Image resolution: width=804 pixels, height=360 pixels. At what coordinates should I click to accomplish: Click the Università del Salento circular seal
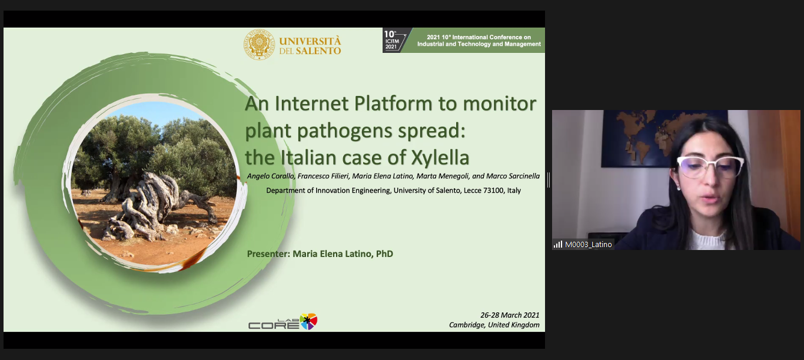click(259, 45)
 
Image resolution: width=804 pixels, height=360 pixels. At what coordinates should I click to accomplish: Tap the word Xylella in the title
click(440, 158)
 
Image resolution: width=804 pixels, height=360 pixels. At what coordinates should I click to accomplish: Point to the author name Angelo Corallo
click(271, 176)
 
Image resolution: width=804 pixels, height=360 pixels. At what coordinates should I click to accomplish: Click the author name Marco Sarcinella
click(513, 176)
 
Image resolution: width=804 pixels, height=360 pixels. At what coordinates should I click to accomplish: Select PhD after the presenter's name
click(384, 254)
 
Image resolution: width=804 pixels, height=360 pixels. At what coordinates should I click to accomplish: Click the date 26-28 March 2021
click(510, 315)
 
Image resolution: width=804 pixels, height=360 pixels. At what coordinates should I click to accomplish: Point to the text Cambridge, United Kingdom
click(494, 325)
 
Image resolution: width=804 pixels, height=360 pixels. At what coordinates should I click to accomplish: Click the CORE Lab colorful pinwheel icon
click(308, 321)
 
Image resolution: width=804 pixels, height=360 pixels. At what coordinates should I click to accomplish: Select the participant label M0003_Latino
click(588, 245)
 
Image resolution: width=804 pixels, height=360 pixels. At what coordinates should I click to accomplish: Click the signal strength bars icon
click(558, 245)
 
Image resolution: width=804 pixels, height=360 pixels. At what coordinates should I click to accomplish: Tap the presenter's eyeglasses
click(710, 166)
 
